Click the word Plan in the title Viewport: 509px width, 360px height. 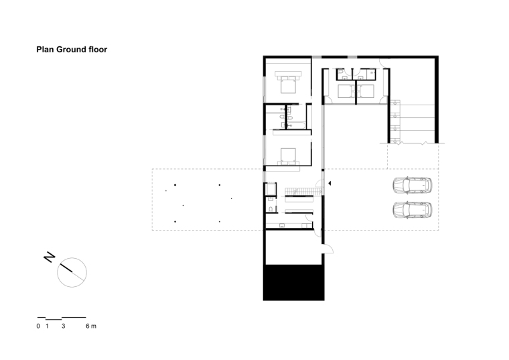45,50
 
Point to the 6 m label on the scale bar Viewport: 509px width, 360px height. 91,326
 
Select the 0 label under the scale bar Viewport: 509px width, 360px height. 38,326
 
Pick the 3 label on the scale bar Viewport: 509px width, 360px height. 64,326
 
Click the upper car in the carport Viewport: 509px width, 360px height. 413,186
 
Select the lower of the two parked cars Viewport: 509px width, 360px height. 413,210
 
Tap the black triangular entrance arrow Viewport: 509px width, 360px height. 330,183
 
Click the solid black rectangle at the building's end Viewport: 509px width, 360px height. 293,282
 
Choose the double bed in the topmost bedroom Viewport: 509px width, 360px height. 287,82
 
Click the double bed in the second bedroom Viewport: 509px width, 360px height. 288,156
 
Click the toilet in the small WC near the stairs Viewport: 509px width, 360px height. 271,208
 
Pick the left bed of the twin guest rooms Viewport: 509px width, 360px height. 346,91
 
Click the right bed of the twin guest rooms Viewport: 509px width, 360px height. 366,91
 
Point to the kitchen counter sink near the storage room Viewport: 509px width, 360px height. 282,225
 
